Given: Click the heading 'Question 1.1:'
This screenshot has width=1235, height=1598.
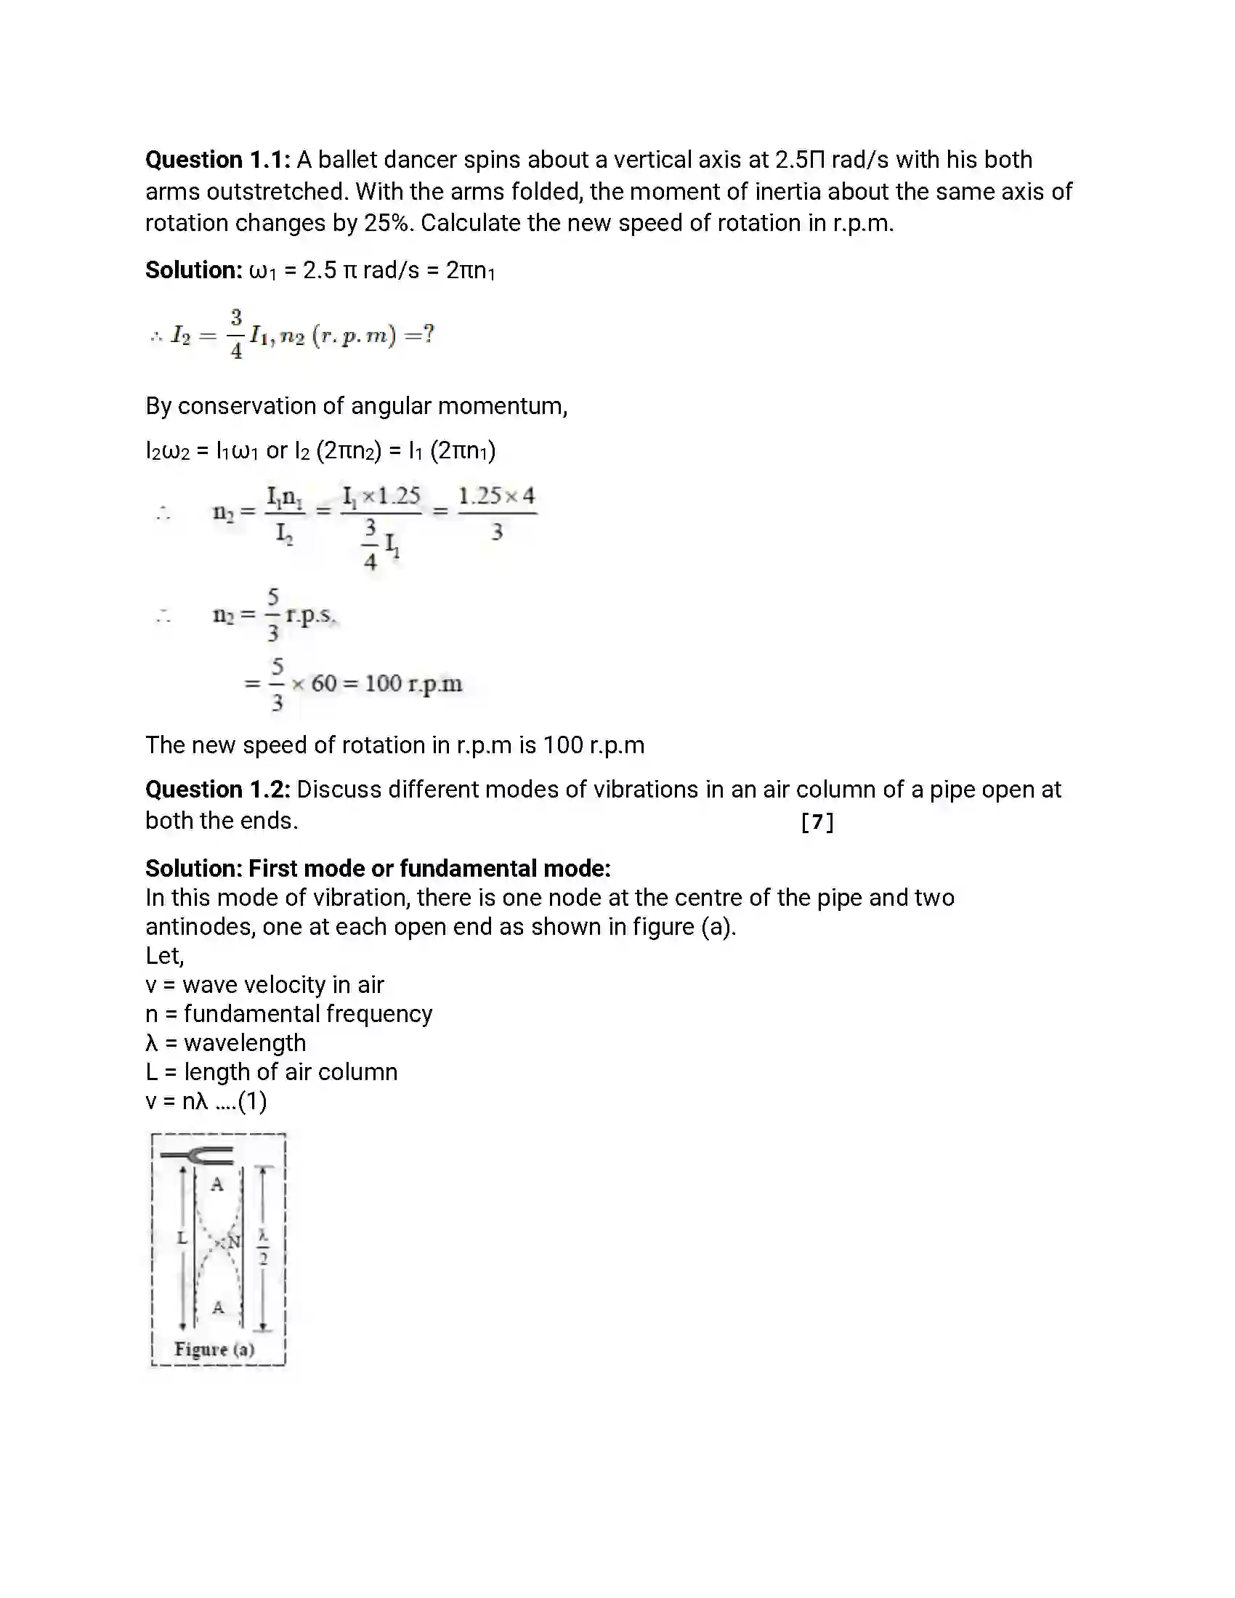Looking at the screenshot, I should click(217, 160).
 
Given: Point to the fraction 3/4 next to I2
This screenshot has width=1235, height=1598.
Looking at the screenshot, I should click(236, 334).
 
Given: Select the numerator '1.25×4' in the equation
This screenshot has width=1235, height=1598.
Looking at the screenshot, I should click(497, 496).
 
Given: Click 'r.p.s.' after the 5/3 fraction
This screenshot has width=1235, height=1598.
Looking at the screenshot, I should click(309, 615).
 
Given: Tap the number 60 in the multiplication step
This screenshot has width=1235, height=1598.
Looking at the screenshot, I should click(323, 684).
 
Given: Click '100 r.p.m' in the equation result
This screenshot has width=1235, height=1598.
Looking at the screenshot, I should click(413, 684).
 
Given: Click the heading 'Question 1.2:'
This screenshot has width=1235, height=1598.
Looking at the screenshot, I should click(217, 790).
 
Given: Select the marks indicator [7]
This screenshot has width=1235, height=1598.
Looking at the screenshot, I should click(817, 822).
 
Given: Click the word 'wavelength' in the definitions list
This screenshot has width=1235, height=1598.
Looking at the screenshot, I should click(244, 1042).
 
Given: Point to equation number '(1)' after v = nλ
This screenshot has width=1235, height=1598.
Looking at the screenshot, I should click(252, 1100).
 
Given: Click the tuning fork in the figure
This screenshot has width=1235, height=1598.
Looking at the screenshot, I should click(198, 1156).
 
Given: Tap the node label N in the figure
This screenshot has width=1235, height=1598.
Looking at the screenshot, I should click(233, 1241).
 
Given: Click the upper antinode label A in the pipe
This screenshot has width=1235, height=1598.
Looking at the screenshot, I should click(217, 1185).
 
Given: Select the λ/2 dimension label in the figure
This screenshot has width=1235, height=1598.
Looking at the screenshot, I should click(264, 1246).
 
